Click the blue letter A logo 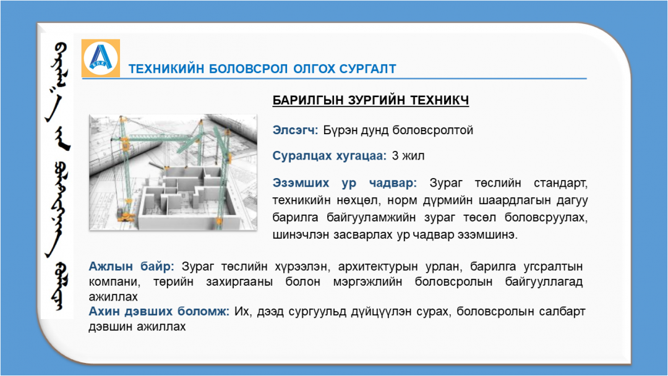pos(101,58)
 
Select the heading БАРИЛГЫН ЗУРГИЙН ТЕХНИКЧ pos(370,100)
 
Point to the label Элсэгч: pos(295,130)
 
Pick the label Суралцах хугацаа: pos(329,156)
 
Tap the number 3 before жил pos(395,156)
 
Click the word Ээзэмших pos(301,183)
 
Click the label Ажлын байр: pos(131,267)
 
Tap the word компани pos(113,282)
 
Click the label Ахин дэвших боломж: pos(159,312)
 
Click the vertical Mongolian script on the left pos(57,176)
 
